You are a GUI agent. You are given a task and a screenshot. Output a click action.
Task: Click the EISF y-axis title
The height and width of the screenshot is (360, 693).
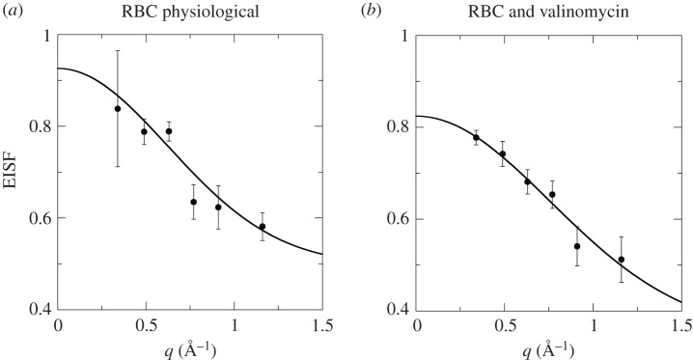(x=12, y=174)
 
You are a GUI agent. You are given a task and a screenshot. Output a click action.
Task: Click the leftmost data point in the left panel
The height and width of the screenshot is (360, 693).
(x=118, y=108)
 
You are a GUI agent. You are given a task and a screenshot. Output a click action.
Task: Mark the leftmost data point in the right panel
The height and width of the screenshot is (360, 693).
(x=476, y=137)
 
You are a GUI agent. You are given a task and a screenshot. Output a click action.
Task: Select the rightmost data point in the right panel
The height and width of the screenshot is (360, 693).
(x=621, y=259)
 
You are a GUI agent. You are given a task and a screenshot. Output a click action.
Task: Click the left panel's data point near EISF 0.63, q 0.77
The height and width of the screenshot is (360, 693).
(x=193, y=202)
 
